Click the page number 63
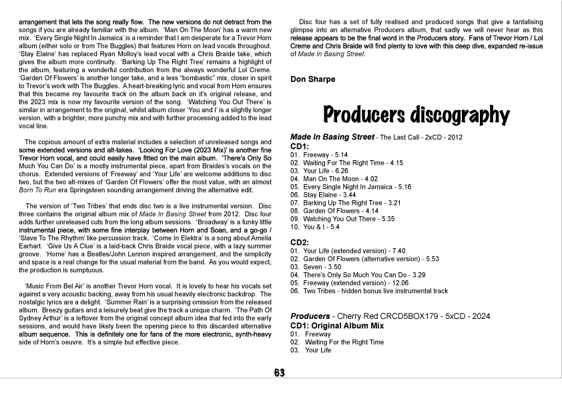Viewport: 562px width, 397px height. (x=279, y=372)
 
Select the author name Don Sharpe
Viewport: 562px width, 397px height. (x=312, y=79)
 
